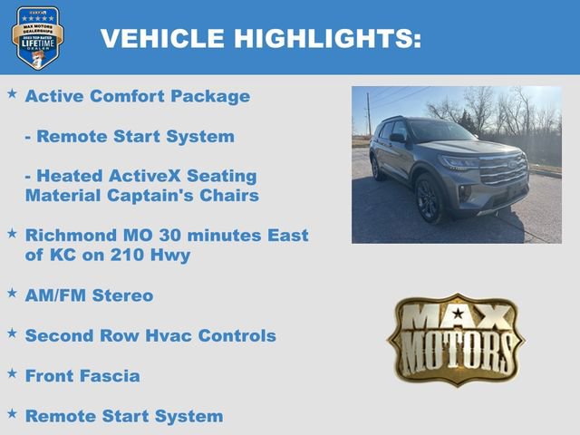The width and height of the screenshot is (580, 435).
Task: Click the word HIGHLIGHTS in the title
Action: coord(328,38)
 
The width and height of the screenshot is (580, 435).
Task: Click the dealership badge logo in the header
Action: coord(37,37)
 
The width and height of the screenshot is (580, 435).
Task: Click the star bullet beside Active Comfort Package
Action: coord(12,93)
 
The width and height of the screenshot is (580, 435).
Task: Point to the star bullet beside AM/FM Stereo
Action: coord(12,293)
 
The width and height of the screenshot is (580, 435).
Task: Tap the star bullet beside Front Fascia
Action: coord(12,372)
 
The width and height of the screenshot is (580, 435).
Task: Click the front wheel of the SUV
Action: coord(430,200)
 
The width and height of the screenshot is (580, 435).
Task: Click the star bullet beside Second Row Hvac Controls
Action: coord(12,333)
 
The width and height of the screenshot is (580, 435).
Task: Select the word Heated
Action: coord(68,176)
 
